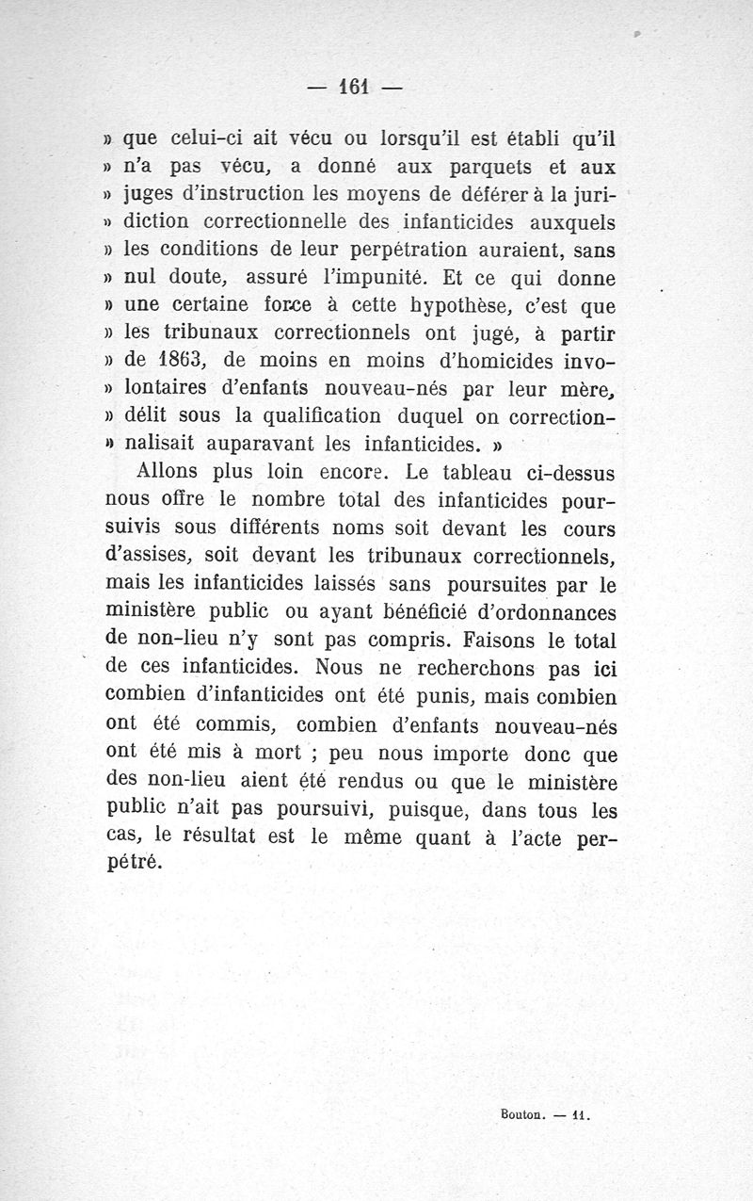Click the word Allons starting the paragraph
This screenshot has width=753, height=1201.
point(171,471)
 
